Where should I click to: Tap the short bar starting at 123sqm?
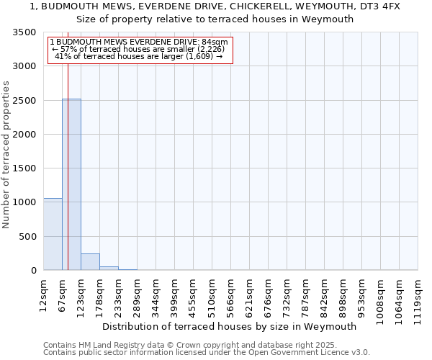pyautogui.click(x=90, y=262)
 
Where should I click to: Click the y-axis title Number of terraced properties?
pyautogui.click(x=6, y=155)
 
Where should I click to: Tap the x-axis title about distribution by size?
pyautogui.click(x=230, y=326)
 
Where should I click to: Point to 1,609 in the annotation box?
pyautogui.click(x=199, y=56)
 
